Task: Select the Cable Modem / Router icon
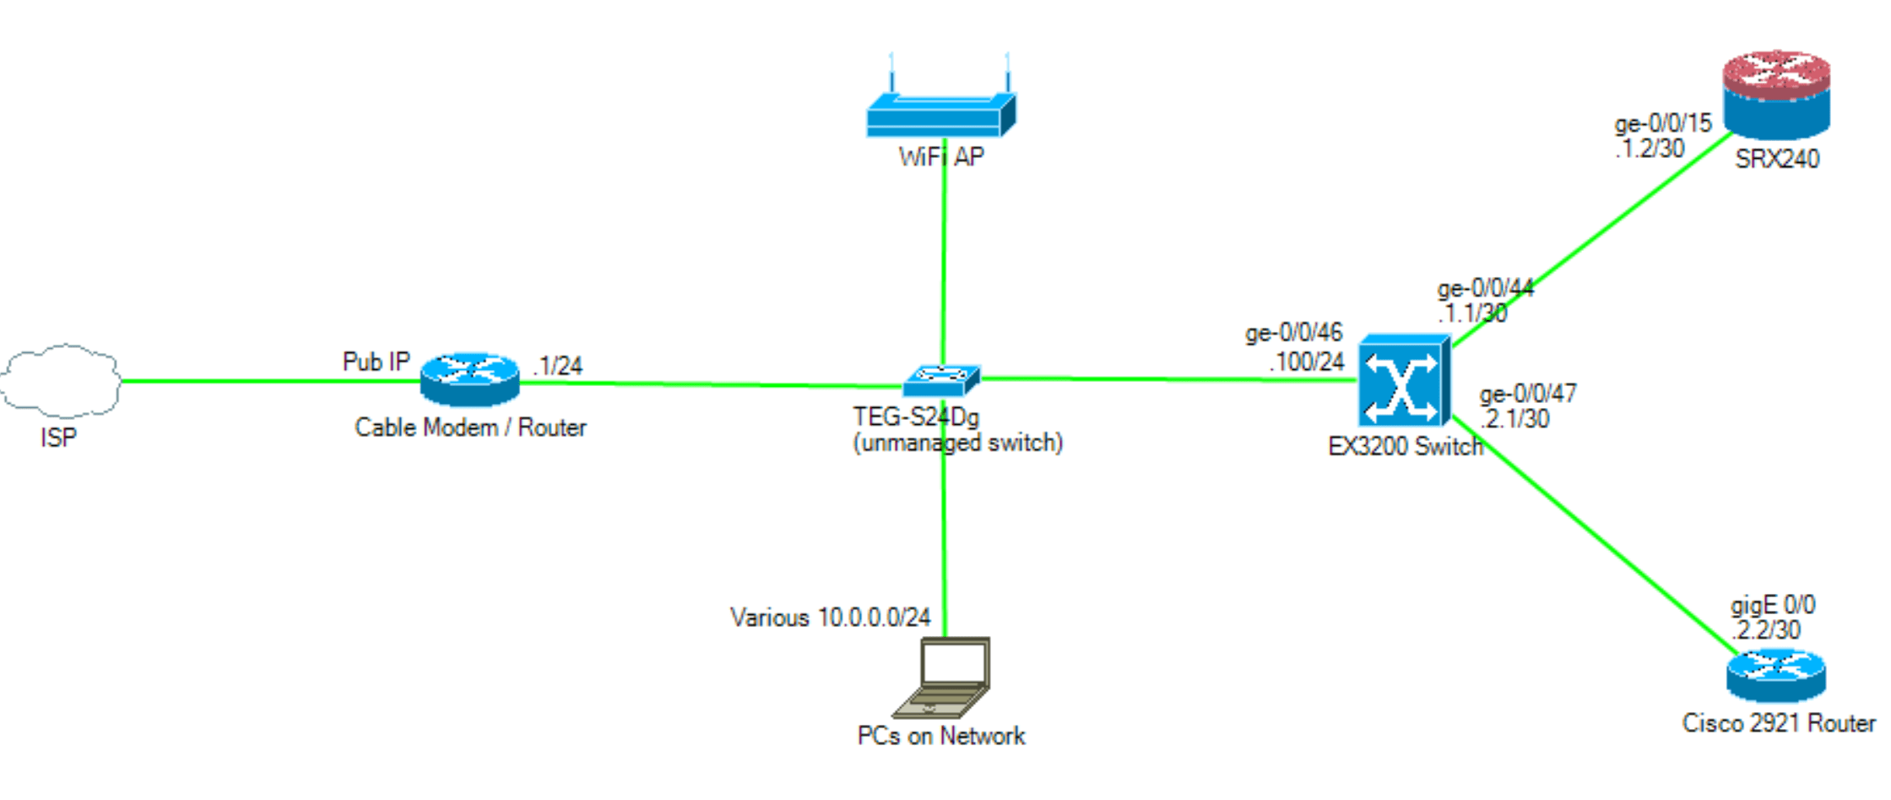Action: pyautogui.click(x=469, y=380)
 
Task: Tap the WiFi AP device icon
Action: pyautogui.click(x=940, y=115)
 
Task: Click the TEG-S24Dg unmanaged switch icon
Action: pyautogui.click(x=941, y=380)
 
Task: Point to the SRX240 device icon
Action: pyautogui.click(x=1776, y=95)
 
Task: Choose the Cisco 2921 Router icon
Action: pyautogui.click(x=1775, y=675)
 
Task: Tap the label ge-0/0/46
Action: pyautogui.click(x=1293, y=333)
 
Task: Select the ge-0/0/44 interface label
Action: pyautogui.click(x=1485, y=289)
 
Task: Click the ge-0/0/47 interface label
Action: pyautogui.click(x=1527, y=394)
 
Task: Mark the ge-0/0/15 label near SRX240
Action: pyautogui.click(x=1662, y=124)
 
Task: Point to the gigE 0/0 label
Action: pyautogui.click(x=1772, y=605)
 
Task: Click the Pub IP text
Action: pyautogui.click(x=376, y=362)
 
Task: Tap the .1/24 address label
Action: pyautogui.click(x=558, y=366)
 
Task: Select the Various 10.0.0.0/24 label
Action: pyautogui.click(x=830, y=618)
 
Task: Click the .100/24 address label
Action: pyautogui.click(x=1307, y=362)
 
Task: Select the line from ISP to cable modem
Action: pyautogui.click(x=270, y=381)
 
